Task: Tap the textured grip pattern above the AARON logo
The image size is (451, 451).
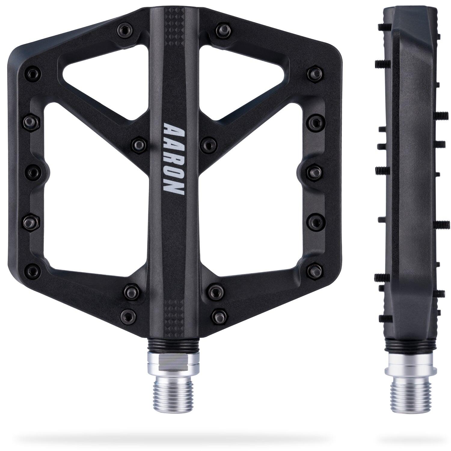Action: click(x=173, y=36)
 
